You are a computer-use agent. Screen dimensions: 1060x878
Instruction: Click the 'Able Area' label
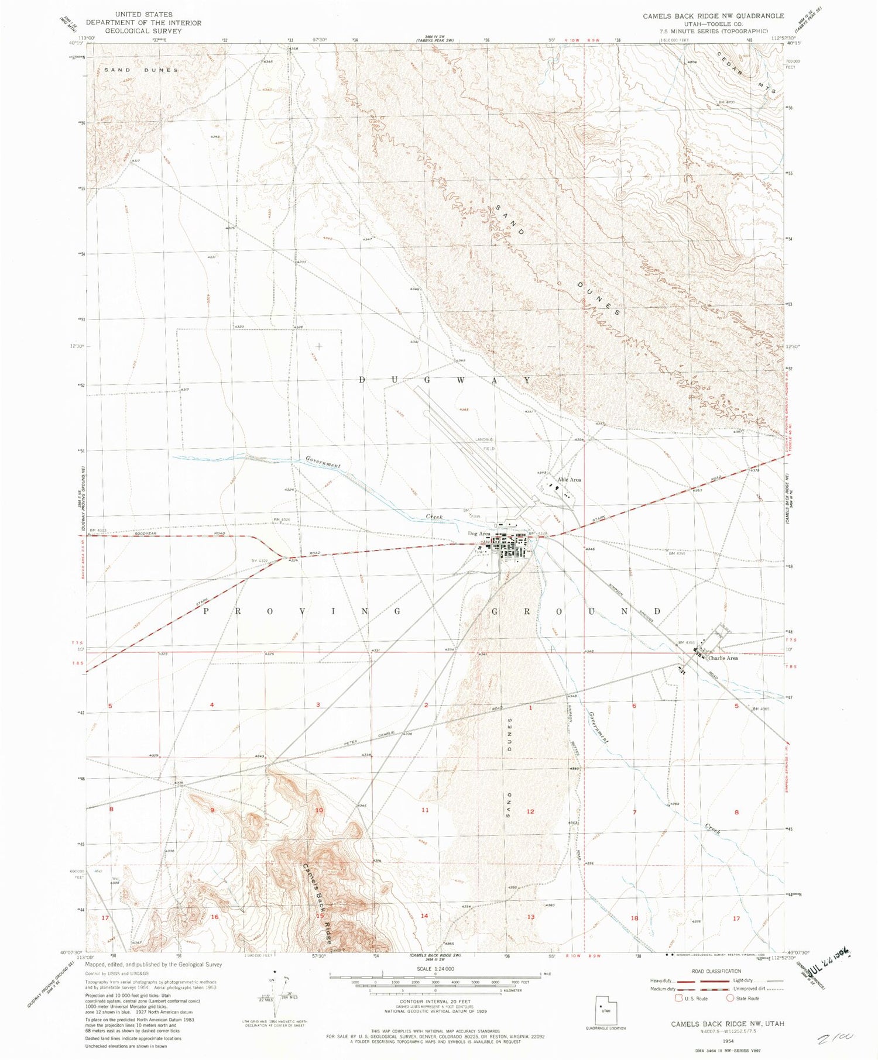(x=569, y=480)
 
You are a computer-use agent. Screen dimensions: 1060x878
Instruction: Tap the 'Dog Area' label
(x=479, y=534)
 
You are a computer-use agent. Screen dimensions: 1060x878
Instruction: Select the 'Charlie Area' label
(x=723, y=658)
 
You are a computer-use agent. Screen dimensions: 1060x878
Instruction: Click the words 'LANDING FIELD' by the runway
(x=485, y=443)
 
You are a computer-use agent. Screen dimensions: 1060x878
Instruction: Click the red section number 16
(x=214, y=917)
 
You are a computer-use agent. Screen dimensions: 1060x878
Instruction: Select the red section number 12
(x=530, y=811)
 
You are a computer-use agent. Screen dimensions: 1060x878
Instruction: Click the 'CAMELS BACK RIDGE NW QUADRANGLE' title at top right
(x=713, y=16)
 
